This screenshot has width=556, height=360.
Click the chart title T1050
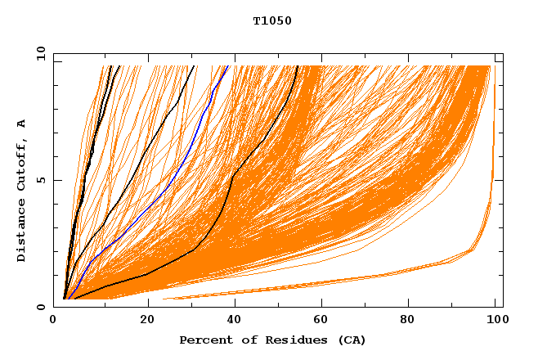pyautogui.click(x=272, y=21)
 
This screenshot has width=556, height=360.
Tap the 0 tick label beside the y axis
pyautogui.click(x=41, y=307)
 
